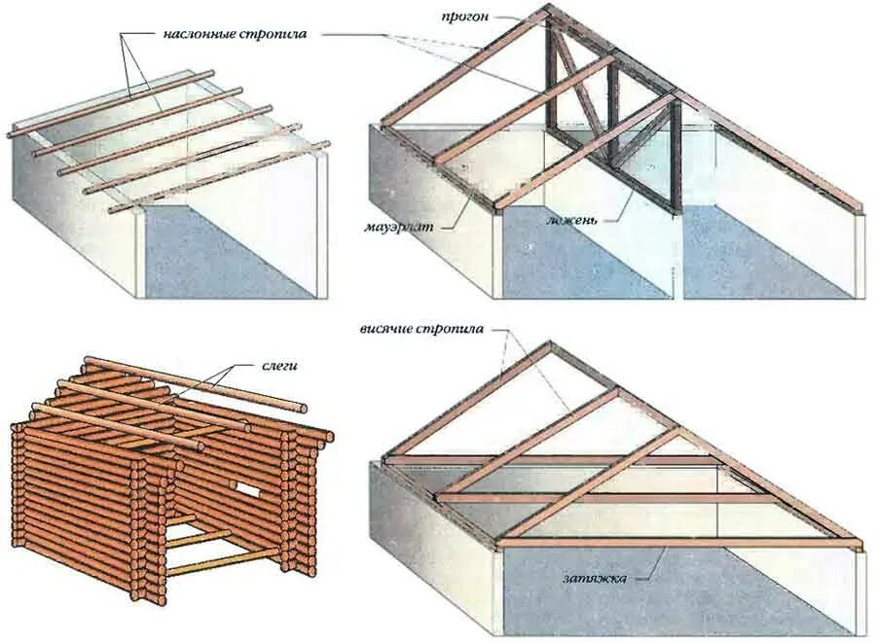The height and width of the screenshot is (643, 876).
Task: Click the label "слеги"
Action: pyautogui.click(x=278, y=366)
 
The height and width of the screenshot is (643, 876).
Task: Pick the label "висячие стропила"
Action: pyautogui.click(x=421, y=329)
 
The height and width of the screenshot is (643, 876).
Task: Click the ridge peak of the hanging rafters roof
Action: pyautogui.click(x=550, y=343)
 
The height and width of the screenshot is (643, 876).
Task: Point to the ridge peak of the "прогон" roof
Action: pyautogui.click(x=546, y=8)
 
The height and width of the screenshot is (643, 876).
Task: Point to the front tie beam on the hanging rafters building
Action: pyautogui.click(x=681, y=543)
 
